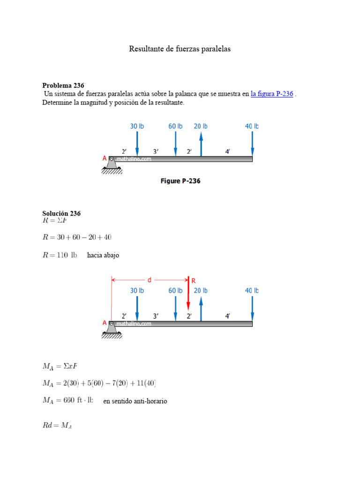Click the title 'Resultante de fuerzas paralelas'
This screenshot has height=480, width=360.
coord(180,49)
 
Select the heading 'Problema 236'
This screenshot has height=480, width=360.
coord(63,85)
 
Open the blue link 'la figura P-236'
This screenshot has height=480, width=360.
coord(272,94)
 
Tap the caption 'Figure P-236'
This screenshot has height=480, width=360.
coord(180,181)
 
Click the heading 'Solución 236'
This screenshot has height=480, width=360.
coord(61,213)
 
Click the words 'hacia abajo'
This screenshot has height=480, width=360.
coord(103,255)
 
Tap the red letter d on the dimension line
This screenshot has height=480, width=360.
coord(150,280)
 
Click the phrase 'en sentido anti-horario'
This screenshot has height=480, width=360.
coord(135,401)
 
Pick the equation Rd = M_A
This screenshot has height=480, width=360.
coord(57,426)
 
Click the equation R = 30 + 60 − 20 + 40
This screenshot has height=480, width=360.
coord(77,237)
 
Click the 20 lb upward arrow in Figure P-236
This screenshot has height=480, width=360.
coord(201,143)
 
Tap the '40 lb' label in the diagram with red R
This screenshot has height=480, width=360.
coord(252,291)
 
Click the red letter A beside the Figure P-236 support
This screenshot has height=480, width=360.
coord(105,159)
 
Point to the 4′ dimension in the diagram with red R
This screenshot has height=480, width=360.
coord(227,316)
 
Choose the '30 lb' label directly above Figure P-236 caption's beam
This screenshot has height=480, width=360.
coord(137,126)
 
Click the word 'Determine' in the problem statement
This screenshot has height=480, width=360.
coord(56,103)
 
